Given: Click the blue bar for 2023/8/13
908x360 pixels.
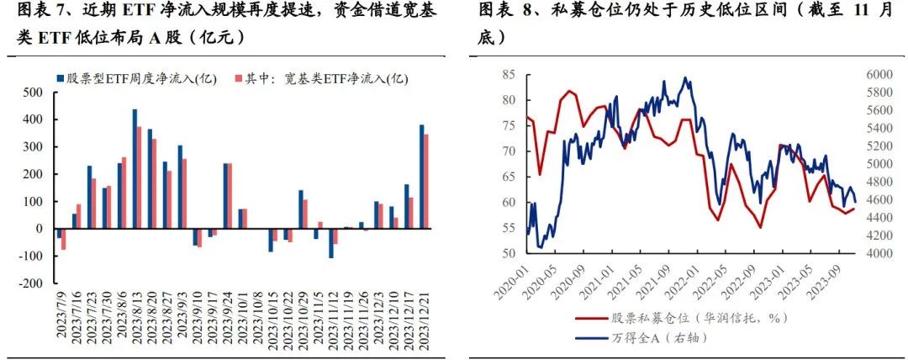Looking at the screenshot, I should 135,168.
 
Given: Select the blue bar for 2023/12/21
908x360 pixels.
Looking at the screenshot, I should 421,177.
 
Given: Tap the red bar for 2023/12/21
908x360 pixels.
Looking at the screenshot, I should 426,181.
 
